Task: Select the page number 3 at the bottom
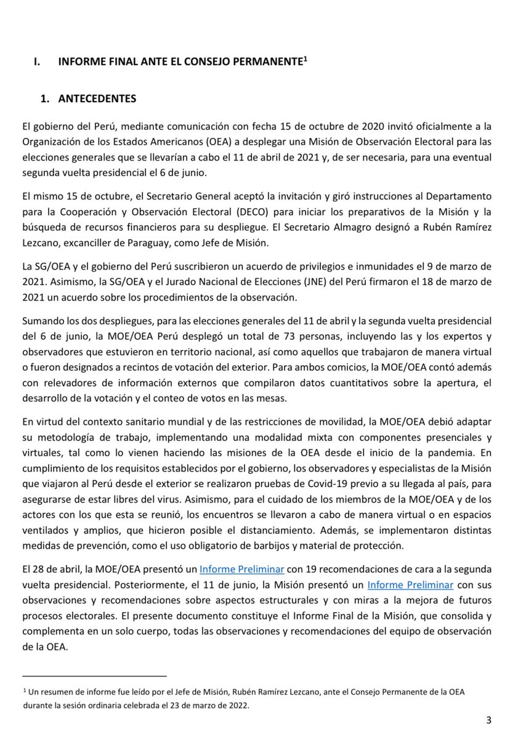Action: [x=488, y=720]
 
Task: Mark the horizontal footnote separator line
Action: [x=94, y=676]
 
